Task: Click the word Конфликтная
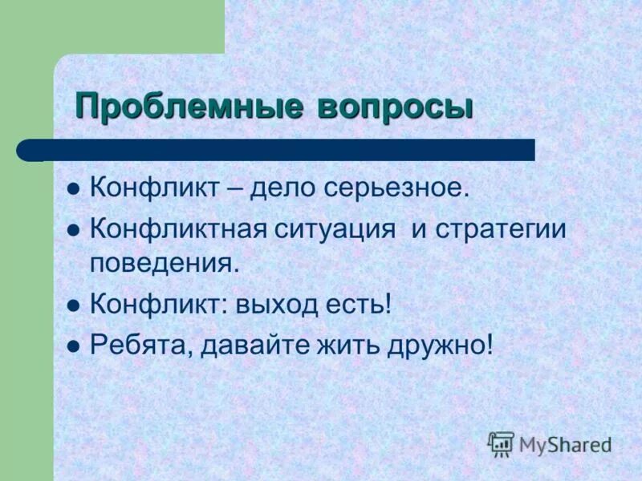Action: (x=177, y=228)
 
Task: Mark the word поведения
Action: (x=165, y=263)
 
